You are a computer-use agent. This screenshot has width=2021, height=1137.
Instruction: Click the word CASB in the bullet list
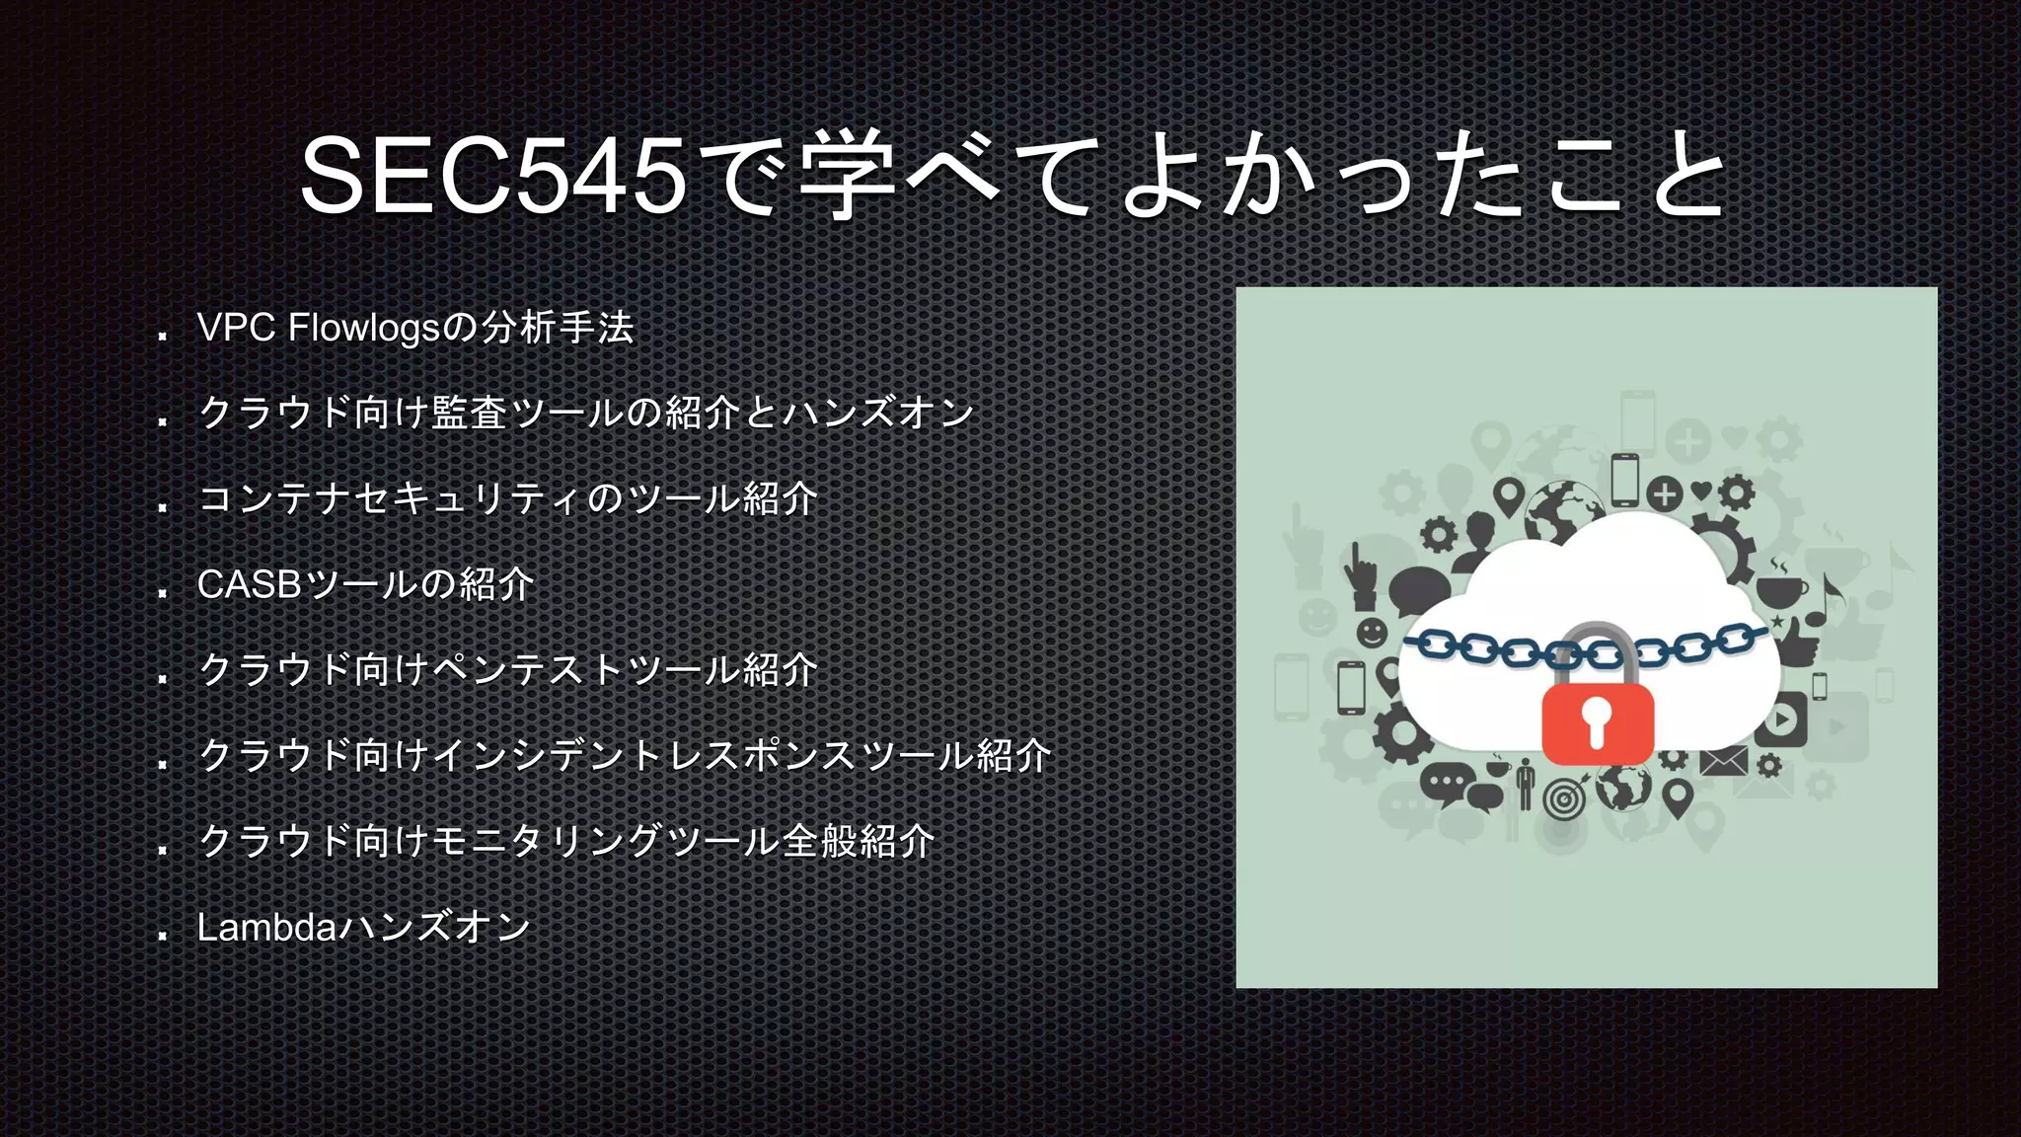pos(249,584)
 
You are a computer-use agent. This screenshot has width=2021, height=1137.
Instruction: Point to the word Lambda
pos(266,927)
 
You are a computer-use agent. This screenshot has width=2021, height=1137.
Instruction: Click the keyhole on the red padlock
pos(1596,721)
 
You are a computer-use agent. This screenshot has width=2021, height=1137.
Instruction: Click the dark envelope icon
pos(1723,761)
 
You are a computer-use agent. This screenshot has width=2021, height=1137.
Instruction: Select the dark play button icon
pos(1782,719)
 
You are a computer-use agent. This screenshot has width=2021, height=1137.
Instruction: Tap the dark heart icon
pos(1700,489)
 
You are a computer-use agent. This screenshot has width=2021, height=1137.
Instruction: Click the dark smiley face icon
pos(1372,632)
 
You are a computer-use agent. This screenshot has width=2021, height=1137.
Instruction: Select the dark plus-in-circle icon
pos(1664,493)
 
